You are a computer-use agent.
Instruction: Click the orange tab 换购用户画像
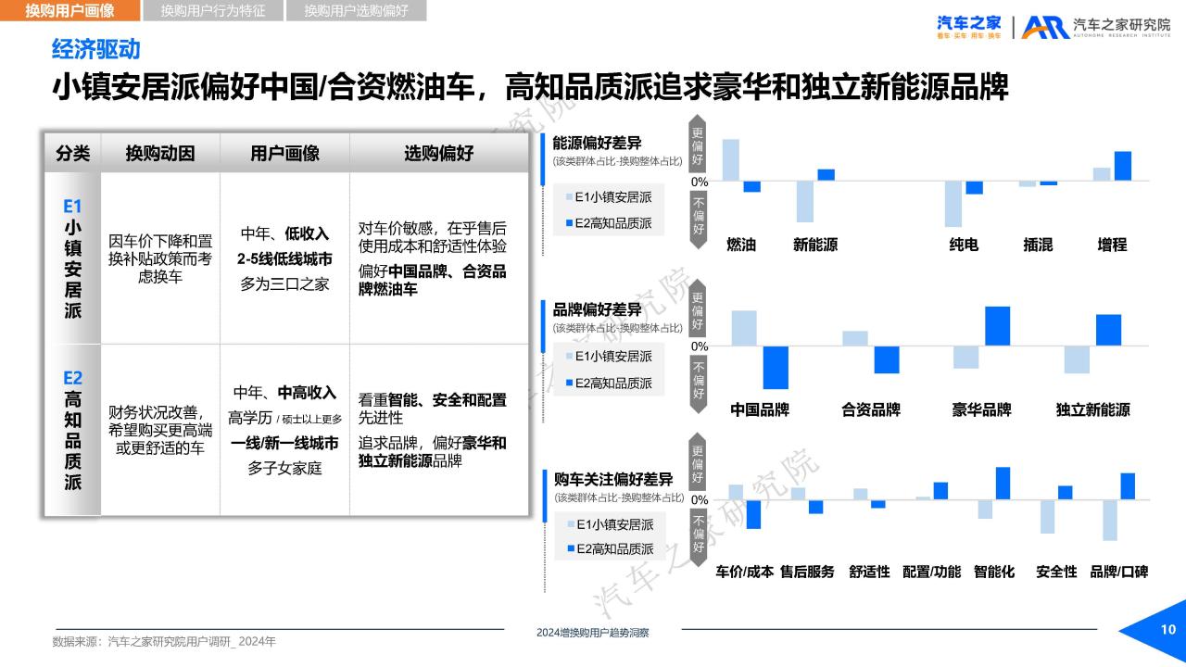click(x=69, y=10)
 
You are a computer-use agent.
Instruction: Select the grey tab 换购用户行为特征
click(x=213, y=10)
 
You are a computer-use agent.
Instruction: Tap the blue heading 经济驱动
click(x=95, y=49)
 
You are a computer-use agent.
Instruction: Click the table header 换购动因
click(x=160, y=153)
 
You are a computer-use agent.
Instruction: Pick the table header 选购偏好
click(x=438, y=153)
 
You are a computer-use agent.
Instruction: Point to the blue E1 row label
click(x=72, y=206)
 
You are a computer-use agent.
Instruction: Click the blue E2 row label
click(x=72, y=378)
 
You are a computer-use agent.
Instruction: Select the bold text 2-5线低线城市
click(x=284, y=258)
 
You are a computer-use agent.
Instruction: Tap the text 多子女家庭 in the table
click(x=284, y=468)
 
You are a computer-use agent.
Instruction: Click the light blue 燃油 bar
click(x=731, y=160)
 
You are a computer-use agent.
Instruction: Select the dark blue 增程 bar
click(x=1123, y=166)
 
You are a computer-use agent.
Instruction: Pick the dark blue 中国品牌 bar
click(x=776, y=368)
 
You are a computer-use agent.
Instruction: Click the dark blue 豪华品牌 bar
click(x=998, y=326)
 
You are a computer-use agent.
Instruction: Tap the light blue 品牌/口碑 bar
click(x=1110, y=520)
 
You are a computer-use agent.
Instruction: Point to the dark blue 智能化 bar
click(x=1003, y=484)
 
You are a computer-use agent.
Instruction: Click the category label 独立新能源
click(x=1092, y=409)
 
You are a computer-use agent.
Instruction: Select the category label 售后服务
click(x=807, y=572)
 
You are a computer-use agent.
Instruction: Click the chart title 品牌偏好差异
click(x=597, y=309)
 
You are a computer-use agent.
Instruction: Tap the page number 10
click(x=1168, y=629)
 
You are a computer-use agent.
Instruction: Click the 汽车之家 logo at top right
click(x=969, y=27)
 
